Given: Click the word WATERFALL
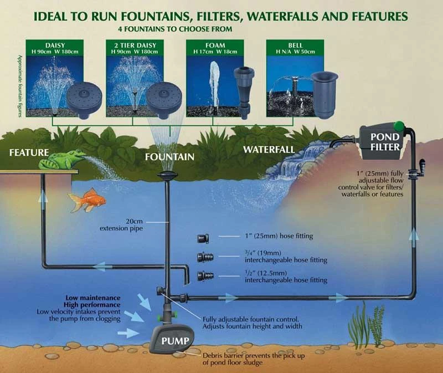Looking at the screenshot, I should click(267, 149).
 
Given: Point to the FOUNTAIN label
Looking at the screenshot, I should click(169, 157).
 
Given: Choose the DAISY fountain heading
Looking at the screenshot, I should click(55, 43).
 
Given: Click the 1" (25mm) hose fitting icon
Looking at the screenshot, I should click(202, 238).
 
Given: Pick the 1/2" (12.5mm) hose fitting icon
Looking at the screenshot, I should click(204, 275).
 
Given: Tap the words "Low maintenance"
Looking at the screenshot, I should click(92, 298).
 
